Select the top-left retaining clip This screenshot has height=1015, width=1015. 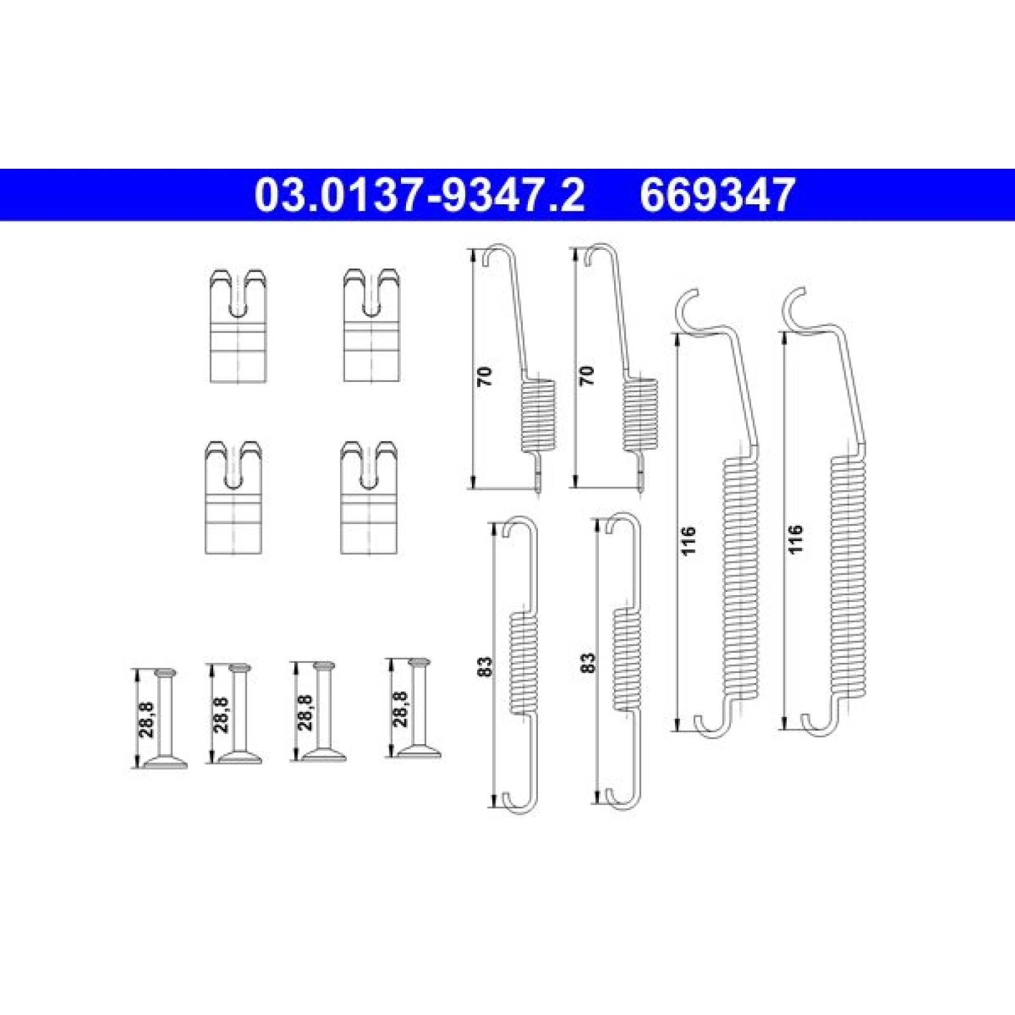click(x=238, y=325)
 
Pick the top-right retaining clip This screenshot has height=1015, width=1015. click(x=372, y=325)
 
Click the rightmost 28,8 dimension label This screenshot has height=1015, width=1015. click(x=402, y=709)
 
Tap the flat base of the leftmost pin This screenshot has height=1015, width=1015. click(x=166, y=763)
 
